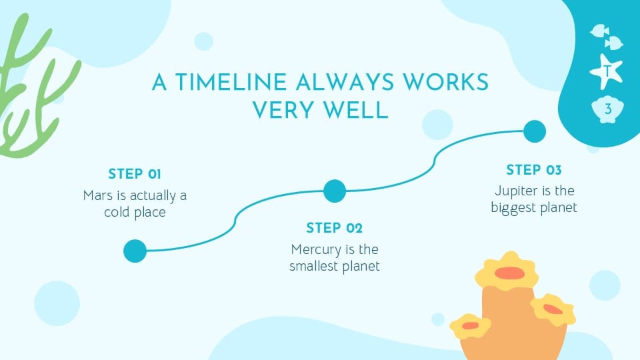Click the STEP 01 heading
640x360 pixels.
click(x=135, y=175)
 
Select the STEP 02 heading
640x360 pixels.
click(x=335, y=229)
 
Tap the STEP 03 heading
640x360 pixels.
click(x=534, y=170)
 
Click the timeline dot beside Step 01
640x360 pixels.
click(x=135, y=251)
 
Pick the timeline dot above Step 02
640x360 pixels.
click(x=335, y=191)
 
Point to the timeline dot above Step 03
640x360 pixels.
click(x=534, y=131)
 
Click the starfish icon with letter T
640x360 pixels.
click(x=607, y=70)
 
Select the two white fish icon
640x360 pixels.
click(x=607, y=35)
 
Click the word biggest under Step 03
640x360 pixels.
click(x=514, y=208)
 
